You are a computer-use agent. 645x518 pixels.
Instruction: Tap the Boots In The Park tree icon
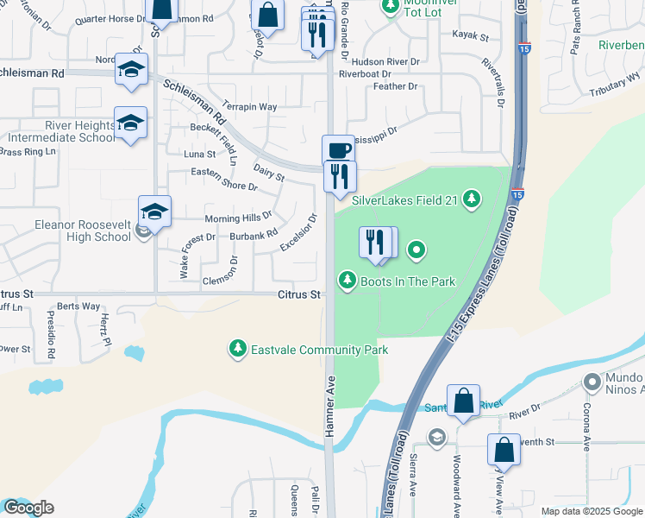348,280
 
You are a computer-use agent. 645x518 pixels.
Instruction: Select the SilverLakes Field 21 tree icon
471,200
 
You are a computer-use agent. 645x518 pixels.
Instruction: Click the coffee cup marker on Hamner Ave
339,150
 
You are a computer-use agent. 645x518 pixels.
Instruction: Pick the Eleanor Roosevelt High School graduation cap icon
154,212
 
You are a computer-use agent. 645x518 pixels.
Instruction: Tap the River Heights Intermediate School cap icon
130,123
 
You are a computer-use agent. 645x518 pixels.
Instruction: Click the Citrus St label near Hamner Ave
299,294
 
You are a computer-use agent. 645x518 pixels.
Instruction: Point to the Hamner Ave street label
330,410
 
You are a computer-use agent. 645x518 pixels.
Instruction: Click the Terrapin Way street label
249,107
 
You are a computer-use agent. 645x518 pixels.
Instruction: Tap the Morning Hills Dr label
238,218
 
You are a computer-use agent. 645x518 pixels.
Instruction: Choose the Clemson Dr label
225,280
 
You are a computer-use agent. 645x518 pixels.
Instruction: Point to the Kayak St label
470,36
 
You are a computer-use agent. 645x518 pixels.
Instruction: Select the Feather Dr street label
395,86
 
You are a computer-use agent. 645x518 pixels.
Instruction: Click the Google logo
28,508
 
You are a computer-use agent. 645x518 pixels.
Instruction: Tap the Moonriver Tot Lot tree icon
391,6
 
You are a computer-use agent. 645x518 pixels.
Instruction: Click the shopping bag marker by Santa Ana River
463,401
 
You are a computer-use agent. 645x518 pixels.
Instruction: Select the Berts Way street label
78,306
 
